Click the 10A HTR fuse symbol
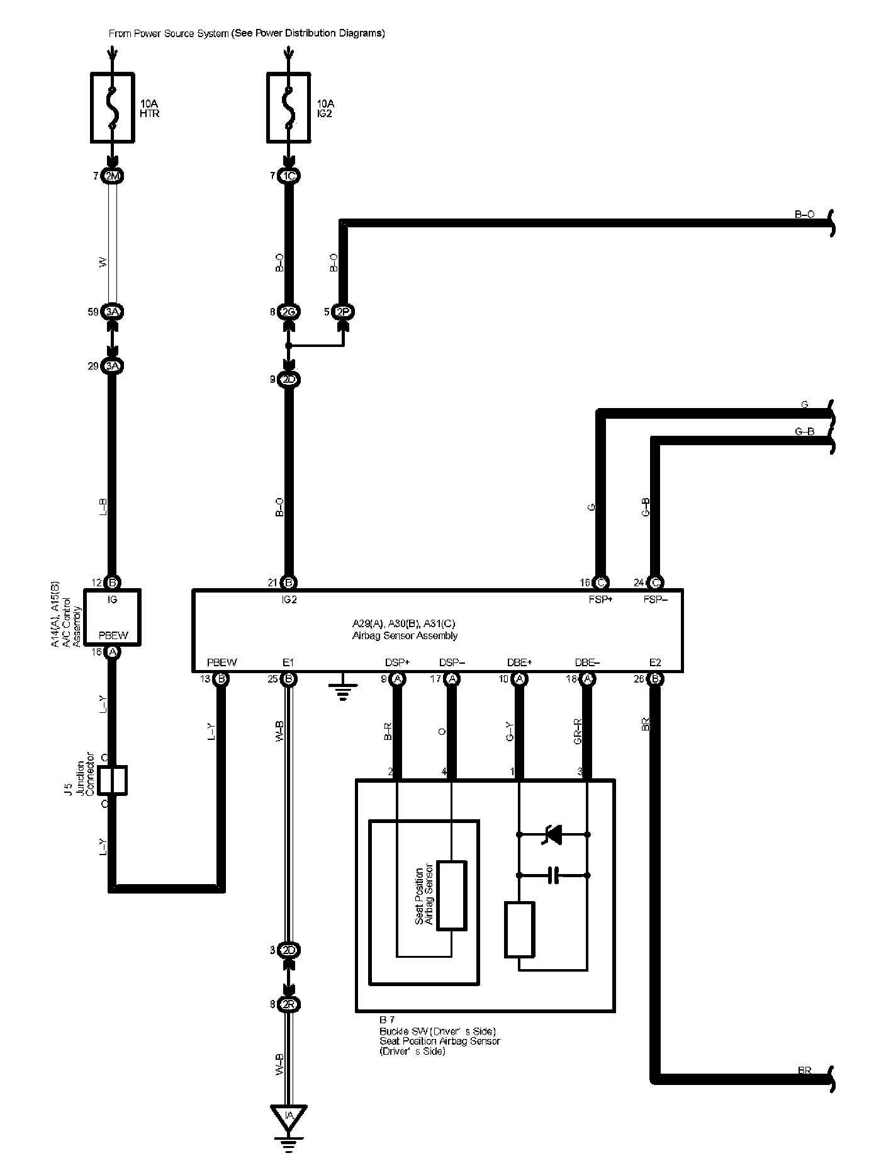[113, 108]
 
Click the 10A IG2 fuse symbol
[288, 108]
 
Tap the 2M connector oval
[113, 176]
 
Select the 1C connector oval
[288, 176]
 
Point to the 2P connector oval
[344, 311]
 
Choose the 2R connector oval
[288, 1004]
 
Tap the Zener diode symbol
[553, 835]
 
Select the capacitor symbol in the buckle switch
[553, 875]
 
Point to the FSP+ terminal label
[601, 599]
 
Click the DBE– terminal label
[587, 662]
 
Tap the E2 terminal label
[655, 662]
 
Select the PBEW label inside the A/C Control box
[113, 635]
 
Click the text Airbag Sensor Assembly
[405, 636]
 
